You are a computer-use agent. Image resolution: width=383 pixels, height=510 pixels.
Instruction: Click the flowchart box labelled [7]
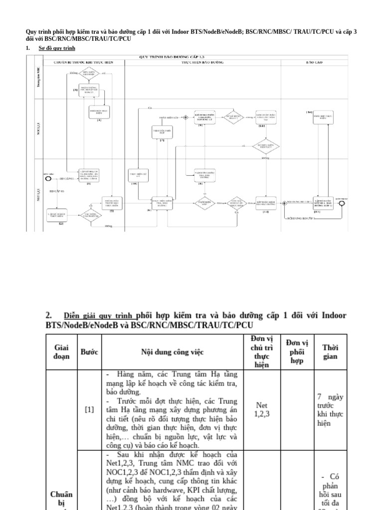click(162, 132)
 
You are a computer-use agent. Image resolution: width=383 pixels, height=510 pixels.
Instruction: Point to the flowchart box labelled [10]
click(138, 175)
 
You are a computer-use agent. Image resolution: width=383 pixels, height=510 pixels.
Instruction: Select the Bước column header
click(89, 352)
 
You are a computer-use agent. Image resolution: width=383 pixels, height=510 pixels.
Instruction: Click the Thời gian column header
click(330, 352)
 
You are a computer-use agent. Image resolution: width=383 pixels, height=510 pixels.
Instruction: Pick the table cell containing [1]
click(89, 409)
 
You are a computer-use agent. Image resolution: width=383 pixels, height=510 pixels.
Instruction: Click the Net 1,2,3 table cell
click(261, 409)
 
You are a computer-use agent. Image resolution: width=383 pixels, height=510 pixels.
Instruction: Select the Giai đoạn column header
click(61, 352)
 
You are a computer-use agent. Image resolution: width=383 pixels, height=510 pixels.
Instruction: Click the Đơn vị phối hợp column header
click(297, 352)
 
